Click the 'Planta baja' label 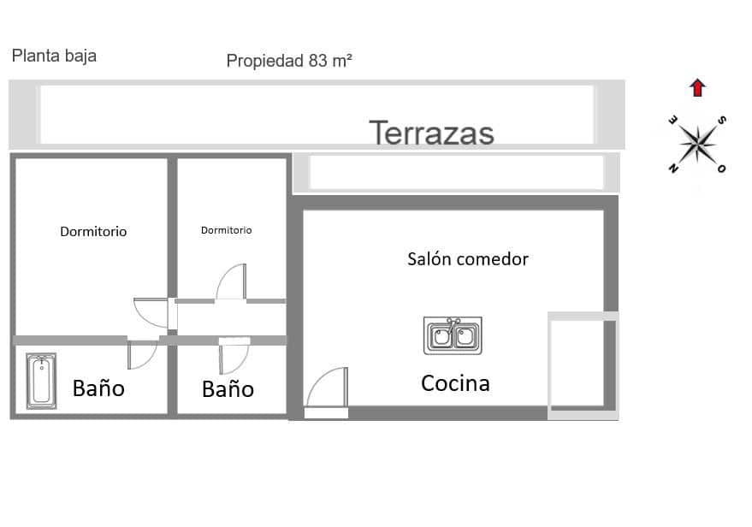coord(54,56)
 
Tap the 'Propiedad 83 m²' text coord(289,61)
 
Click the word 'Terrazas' coord(431,133)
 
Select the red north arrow coord(697,87)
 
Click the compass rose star coord(700,142)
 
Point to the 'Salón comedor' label coord(467,258)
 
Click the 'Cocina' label coord(455,383)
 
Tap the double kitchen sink coord(453,335)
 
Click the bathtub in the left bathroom coord(39,379)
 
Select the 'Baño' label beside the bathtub coord(98,388)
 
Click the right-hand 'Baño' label coord(228,389)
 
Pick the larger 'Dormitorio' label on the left coord(93,232)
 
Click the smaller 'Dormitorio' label coord(226,230)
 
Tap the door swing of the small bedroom coord(231,283)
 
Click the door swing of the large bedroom coord(152,311)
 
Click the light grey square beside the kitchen coord(582,364)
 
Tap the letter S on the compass coord(722,120)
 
